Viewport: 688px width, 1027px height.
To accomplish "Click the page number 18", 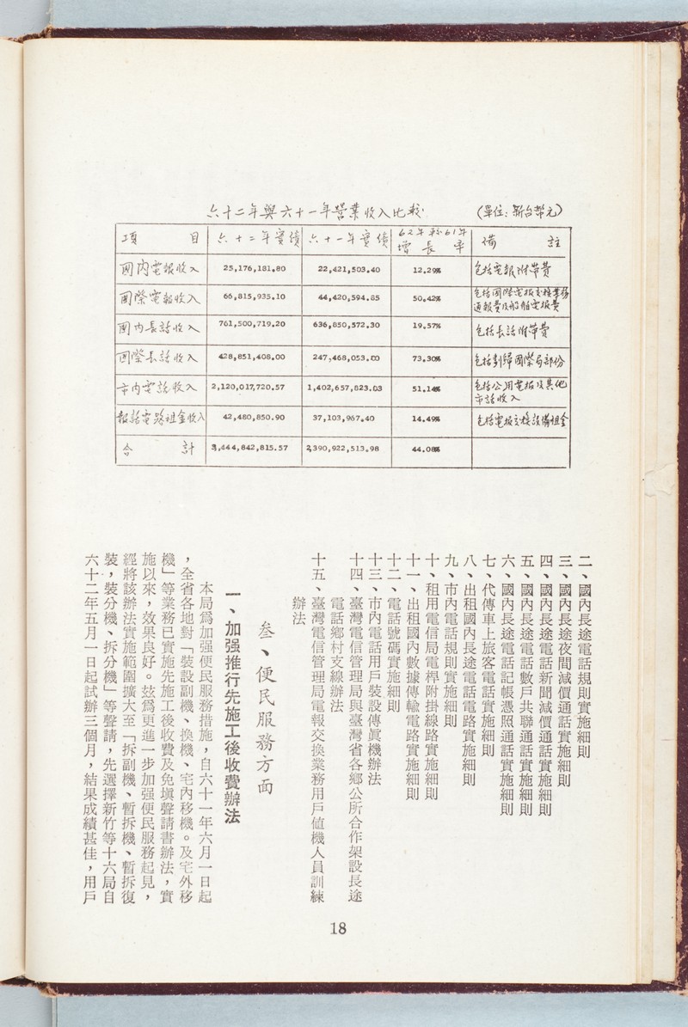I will coord(337,928).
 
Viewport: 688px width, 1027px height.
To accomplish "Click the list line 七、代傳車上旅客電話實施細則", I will coord(488,653).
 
